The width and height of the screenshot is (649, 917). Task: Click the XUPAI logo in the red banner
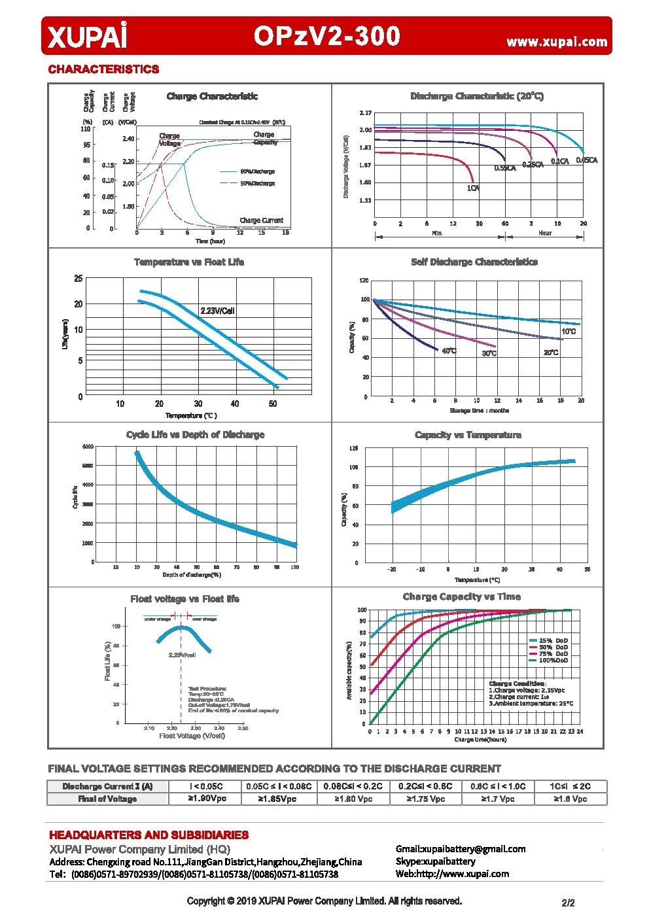tap(86, 36)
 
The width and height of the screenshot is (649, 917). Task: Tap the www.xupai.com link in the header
tap(557, 42)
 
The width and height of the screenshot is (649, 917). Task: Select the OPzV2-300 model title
tap(326, 36)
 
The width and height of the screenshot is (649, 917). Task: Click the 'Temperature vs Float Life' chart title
tap(189, 262)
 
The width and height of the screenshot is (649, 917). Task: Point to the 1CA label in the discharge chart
tap(473, 188)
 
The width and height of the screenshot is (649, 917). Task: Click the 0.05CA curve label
tap(586, 160)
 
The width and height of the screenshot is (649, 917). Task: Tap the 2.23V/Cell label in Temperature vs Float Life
tap(217, 311)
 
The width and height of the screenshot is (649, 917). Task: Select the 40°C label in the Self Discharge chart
tap(449, 351)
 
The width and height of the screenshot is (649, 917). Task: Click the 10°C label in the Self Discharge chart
tap(569, 332)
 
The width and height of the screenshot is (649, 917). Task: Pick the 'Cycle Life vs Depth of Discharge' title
tap(195, 435)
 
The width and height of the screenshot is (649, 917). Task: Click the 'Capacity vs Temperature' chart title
tap(468, 435)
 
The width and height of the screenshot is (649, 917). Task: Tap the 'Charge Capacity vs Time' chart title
tap(461, 597)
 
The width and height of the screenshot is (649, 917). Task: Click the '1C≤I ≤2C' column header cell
tap(570, 786)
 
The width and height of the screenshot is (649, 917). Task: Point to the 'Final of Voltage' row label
tap(107, 799)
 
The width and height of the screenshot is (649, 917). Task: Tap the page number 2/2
tap(568, 903)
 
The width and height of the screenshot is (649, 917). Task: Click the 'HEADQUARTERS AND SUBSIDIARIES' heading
tap(149, 835)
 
